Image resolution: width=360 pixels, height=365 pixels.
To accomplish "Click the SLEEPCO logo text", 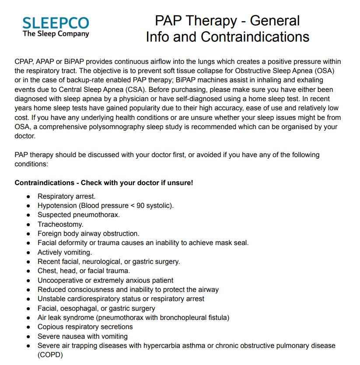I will pyautogui.click(x=56, y=23).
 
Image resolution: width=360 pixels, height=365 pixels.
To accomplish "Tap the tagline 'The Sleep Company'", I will pyautogui.click(x=56, y=34).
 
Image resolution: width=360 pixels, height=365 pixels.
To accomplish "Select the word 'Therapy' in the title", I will pyautogui.click(x=211, y=21).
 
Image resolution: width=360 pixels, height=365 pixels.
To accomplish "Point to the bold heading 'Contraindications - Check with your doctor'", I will pyautogui.click(x=104, y=182).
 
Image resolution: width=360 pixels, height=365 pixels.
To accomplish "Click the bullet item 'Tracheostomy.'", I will pyautogui.click(x=60, y=224).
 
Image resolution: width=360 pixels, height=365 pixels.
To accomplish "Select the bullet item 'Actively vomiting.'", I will pyautogui.click(x=64, y=252).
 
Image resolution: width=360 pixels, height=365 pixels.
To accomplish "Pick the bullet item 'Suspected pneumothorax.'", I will pyautogui.click(x=78, y=215).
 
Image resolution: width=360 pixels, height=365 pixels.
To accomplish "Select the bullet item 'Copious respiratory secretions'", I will pyautogui.click(x=85, y=327).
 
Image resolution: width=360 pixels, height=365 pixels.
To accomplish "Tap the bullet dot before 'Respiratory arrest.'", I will pyautogui.click(x=28, y=197).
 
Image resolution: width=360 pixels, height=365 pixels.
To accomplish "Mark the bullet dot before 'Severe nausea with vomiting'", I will pyautogui.click(x=28, y=337).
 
